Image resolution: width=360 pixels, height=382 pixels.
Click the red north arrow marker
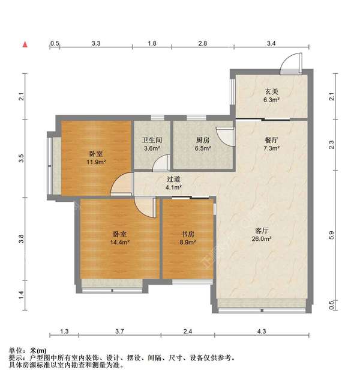click(x=25, y=44)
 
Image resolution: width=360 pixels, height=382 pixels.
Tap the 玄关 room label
click(x=272, y=95)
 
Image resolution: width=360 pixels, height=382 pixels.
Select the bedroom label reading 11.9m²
click(x=95, y=157)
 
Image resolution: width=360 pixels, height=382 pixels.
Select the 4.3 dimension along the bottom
click(x=262, y=331)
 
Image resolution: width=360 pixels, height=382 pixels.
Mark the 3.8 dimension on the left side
click(x=21, y=238)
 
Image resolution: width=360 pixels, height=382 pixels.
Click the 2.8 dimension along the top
click(x=203, y=43)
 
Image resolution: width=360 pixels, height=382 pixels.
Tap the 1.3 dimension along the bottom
click(x=65, y=331)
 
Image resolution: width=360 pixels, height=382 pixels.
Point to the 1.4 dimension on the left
click(x=21, y=294)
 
